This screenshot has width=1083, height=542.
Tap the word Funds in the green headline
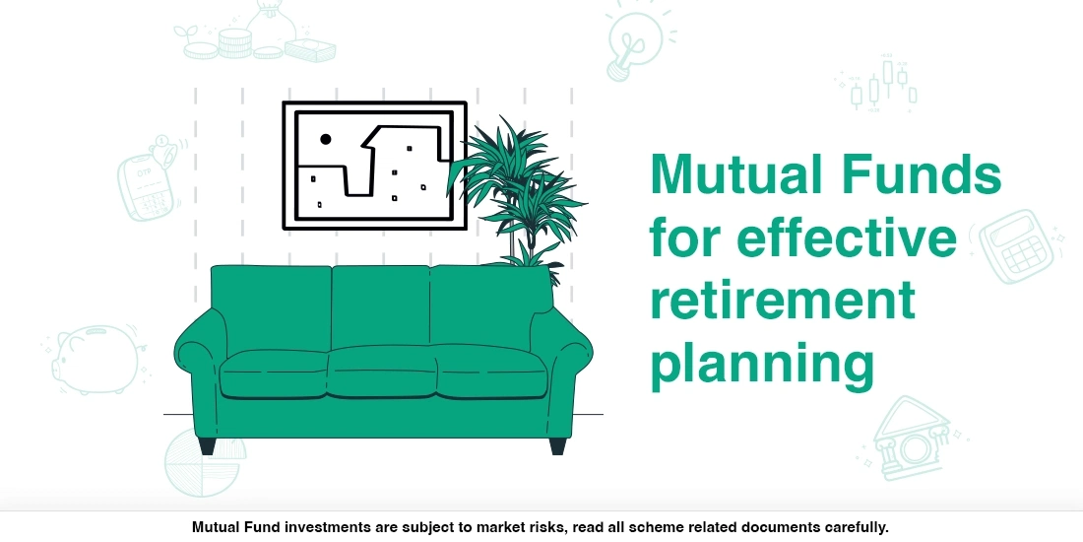[x=920, y=176]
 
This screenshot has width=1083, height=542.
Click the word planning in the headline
[x=762, y=364]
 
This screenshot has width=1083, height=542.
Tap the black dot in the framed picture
[x=326, y=139]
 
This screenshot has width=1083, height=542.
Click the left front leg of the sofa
[x=207, y=444]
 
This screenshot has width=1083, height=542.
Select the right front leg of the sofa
[x=558, y=444]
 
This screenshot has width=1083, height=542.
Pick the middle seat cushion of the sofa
[x=382, y=373]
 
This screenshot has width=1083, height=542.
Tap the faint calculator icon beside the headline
[x=1018, y=246]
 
